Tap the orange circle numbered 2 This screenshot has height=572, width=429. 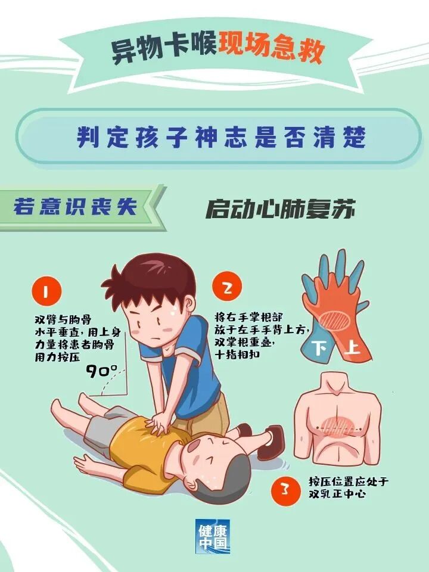click(x=227, y=289)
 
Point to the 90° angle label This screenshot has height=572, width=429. click(x=101, y=371)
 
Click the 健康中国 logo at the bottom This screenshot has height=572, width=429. click(x=213, y=536)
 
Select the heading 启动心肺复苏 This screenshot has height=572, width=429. click(x=280, y=210)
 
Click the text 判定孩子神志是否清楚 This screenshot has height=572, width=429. click(x=220, y=137)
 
